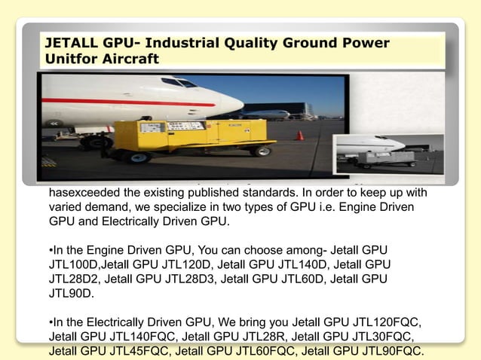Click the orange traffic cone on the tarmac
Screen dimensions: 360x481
tap(299, 136)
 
